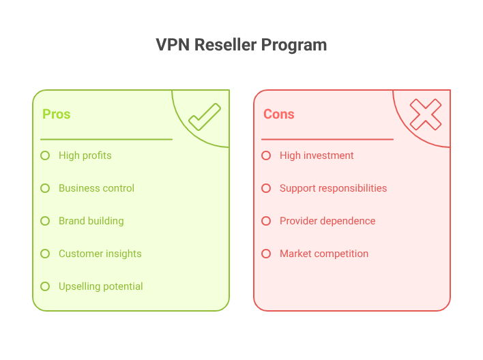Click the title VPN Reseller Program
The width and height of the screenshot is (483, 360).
(241, 45)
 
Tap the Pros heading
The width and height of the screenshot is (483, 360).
(56, 115)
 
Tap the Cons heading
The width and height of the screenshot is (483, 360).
(279, 115)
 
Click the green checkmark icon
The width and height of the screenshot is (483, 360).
(205, 117)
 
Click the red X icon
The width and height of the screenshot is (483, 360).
(426, 115)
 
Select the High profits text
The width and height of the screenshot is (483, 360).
(85, 155)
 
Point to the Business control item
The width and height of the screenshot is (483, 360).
(96, 188)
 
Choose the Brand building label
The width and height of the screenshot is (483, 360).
(91, 221)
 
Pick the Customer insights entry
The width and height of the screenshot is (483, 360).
(100, 254)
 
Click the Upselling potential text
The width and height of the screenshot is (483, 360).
(100, 286)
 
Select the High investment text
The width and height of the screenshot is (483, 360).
(317, 155)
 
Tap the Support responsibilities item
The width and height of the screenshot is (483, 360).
(333, 188)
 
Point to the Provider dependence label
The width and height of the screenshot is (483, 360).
(327, 221)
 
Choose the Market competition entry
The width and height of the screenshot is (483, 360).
(323, 254)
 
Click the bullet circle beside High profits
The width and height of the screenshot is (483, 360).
(45, 155)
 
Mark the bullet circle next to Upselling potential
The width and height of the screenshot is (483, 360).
(45, 286)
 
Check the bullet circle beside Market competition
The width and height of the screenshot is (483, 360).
(266, 254)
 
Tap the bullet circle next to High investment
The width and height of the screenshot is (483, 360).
(266, 155)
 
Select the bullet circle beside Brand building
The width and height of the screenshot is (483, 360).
(45, 221)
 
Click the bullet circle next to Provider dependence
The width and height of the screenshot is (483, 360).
(266, 221)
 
